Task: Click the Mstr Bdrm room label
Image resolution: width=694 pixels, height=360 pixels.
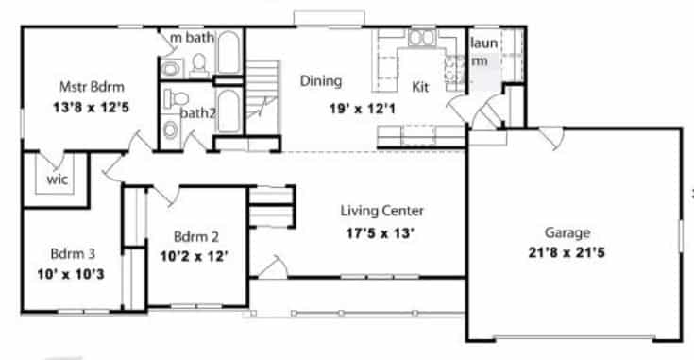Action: pos(92,87)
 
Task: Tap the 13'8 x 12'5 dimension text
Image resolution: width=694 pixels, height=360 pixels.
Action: pos(92,108)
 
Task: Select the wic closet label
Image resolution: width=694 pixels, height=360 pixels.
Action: pos(58,180)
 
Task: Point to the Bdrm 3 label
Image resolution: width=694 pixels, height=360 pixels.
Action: pos(73,254)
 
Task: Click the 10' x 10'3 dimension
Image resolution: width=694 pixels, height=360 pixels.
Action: pos(71,275)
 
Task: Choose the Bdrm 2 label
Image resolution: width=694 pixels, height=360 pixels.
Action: pos(196,237)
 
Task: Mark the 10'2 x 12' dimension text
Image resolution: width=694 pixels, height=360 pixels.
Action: pos(195,256)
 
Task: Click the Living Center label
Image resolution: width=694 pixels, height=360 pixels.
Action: pos(382,211)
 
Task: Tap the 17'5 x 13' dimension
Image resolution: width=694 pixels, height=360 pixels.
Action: pos(381,233)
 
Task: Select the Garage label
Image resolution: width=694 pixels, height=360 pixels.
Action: pos(567,233)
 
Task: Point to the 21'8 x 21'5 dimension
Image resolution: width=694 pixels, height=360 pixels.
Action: pos(567,253)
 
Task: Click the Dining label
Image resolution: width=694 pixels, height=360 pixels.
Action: pos(321,81)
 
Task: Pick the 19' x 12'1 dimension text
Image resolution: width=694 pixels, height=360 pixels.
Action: pos(363,109)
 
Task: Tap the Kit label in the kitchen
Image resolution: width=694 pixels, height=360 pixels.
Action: pos(420,87)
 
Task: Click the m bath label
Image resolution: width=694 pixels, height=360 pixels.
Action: pos(192,38)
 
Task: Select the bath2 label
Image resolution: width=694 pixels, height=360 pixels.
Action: pos(198,113)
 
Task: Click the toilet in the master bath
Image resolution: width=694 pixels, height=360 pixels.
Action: pos(199,64)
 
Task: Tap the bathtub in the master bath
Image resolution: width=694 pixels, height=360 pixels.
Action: pos(229,52)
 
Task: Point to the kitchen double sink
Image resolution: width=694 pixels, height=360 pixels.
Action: pos(422,38)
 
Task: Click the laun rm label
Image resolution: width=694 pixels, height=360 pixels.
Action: pos(482,52)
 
